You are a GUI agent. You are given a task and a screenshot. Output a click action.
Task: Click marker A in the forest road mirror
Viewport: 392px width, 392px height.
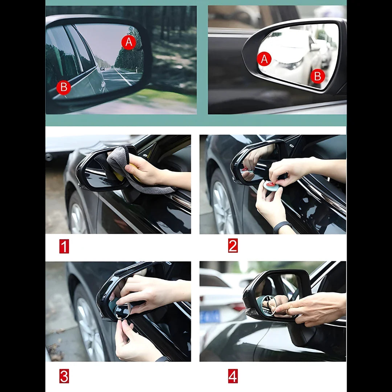pos(129,43)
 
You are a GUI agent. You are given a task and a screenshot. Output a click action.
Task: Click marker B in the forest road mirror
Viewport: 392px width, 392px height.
pos(64,87)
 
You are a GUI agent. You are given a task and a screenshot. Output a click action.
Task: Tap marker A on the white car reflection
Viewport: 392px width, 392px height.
pos(264,59)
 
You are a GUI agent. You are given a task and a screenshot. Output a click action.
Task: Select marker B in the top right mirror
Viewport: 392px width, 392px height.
pos(318,76)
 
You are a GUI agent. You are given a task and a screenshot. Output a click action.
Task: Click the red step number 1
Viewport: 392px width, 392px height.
pos(64,246)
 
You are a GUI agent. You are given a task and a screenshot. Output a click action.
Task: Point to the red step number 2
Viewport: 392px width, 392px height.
pos(233,246)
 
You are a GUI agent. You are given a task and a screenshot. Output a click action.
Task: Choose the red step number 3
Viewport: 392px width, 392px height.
pos(64,376)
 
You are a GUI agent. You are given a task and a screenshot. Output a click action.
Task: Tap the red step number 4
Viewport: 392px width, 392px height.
pos(233,376)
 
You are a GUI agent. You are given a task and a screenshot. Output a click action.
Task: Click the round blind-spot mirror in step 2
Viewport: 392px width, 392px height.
pos(271,186)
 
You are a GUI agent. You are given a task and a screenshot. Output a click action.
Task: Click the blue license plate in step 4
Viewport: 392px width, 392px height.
pos(210,316)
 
